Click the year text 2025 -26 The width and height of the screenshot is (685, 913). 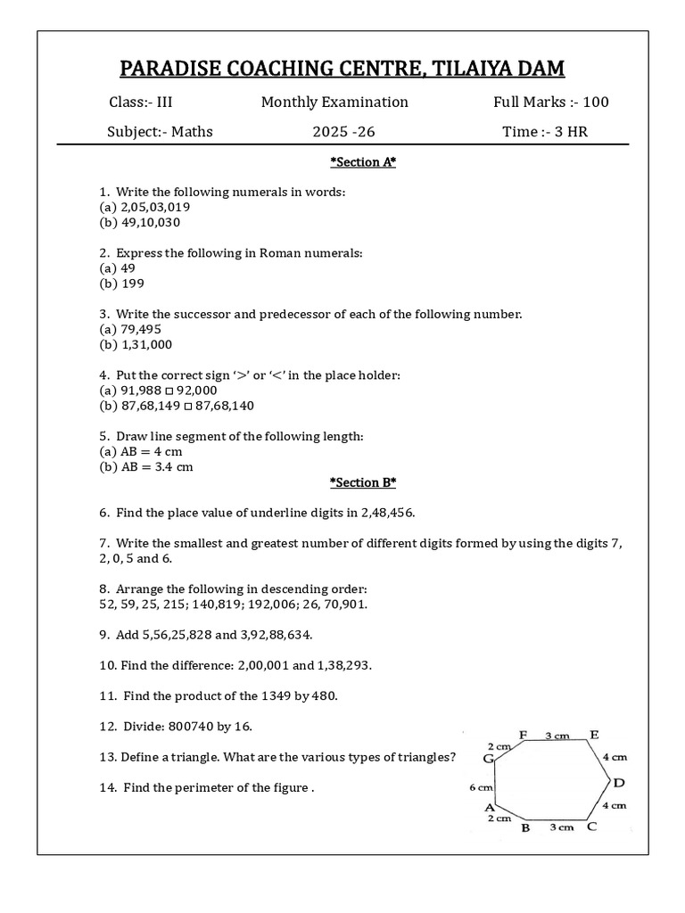tap(343, 132)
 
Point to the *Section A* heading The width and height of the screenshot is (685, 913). tap(362, 162)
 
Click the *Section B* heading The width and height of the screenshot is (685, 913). tap(362, 482)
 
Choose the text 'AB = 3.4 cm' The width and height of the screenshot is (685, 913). tap(146, 466)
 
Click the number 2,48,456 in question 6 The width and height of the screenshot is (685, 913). tap(387, 513)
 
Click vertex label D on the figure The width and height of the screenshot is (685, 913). tap(619, 783)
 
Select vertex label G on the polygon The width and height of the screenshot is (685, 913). tap(488, 759)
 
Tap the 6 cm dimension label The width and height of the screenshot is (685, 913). tap(480, 787)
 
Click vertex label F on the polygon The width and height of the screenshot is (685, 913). tap(524, 735)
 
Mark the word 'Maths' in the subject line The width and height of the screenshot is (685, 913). tap(193, 132)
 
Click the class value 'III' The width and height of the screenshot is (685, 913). tap(164, 102)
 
